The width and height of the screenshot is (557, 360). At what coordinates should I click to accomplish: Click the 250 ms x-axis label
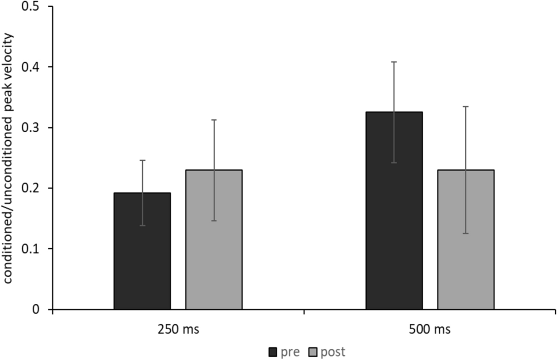(x=178, y=330)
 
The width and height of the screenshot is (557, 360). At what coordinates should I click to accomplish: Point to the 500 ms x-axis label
(x=429, y=330)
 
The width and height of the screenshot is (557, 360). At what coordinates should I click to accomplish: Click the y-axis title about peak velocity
(x=9, y=158)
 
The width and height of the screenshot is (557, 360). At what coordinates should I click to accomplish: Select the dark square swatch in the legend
(x=273, y=352)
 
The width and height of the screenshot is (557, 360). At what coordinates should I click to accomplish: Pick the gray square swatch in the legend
(x=313, y=352)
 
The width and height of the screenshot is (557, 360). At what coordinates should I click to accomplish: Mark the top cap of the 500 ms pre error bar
(x=394, y=62)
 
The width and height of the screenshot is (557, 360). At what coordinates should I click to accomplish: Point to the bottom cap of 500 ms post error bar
(x=465, y=233)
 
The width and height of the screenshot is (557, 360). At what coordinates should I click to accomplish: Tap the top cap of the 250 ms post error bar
(x=214, y=119)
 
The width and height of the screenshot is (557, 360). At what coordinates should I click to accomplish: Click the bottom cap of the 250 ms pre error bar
(x=142, y=225)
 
